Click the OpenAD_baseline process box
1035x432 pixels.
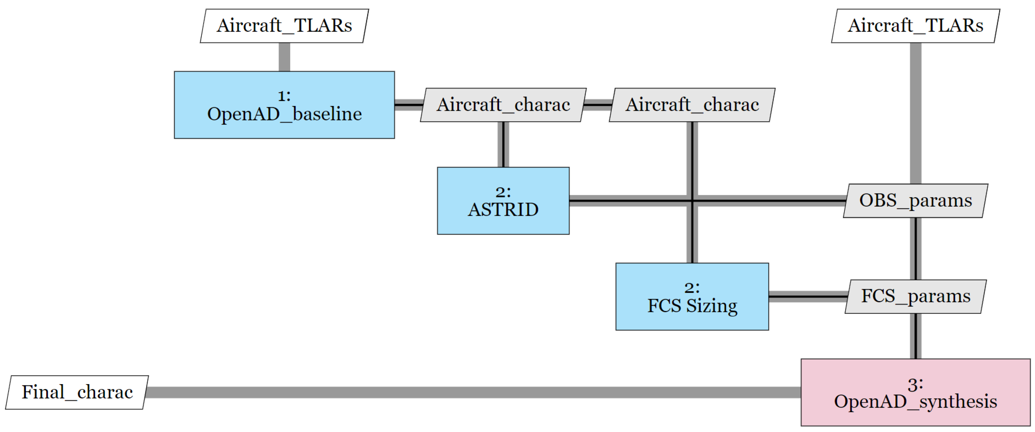tap(284, 105)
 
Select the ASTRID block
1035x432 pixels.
tap(503, 201)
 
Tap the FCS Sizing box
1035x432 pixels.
tap(692, 297)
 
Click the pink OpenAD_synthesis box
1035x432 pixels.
tap(915, 392)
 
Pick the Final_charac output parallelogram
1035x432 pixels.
tap(77, 392)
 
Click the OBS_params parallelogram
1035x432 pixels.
tap(915, 201)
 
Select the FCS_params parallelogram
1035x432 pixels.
tap(915, 297)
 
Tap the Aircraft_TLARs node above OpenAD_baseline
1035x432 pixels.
tap(284, 26)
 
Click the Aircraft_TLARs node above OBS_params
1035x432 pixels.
tap(915, 26)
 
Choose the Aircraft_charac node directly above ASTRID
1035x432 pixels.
tap(503, 105)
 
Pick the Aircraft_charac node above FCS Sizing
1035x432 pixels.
tap(692, 105)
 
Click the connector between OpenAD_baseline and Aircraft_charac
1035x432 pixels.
tap(408, 105)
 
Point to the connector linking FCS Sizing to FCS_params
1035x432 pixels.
tap(808, 297)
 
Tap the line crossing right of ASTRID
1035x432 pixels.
tap(627, 200)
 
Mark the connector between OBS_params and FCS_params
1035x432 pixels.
tap(915, 248)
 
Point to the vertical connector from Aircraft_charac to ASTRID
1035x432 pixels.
tap(503, 144)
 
